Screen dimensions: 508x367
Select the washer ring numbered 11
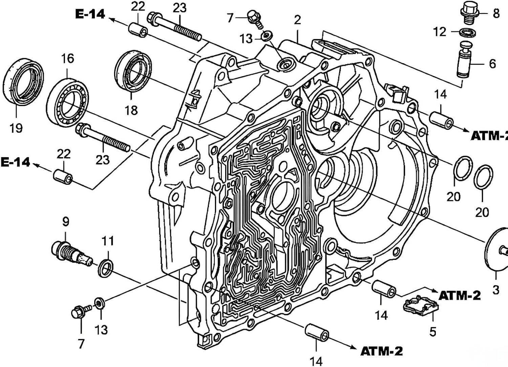click(x=105, y=269)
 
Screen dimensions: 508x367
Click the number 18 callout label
click(x=131, y=110)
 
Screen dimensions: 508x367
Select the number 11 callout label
click(x=108, y=241)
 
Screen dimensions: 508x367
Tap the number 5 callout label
click(x=433, y=332)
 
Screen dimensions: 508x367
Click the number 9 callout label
click(x=66, y=222)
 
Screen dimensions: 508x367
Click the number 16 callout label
click(x=68, y=58)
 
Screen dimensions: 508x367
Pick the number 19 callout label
click(x=17, y=128)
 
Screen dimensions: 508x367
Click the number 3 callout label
click(x=496, y=290)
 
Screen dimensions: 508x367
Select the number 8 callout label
click(x=496, y=14)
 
